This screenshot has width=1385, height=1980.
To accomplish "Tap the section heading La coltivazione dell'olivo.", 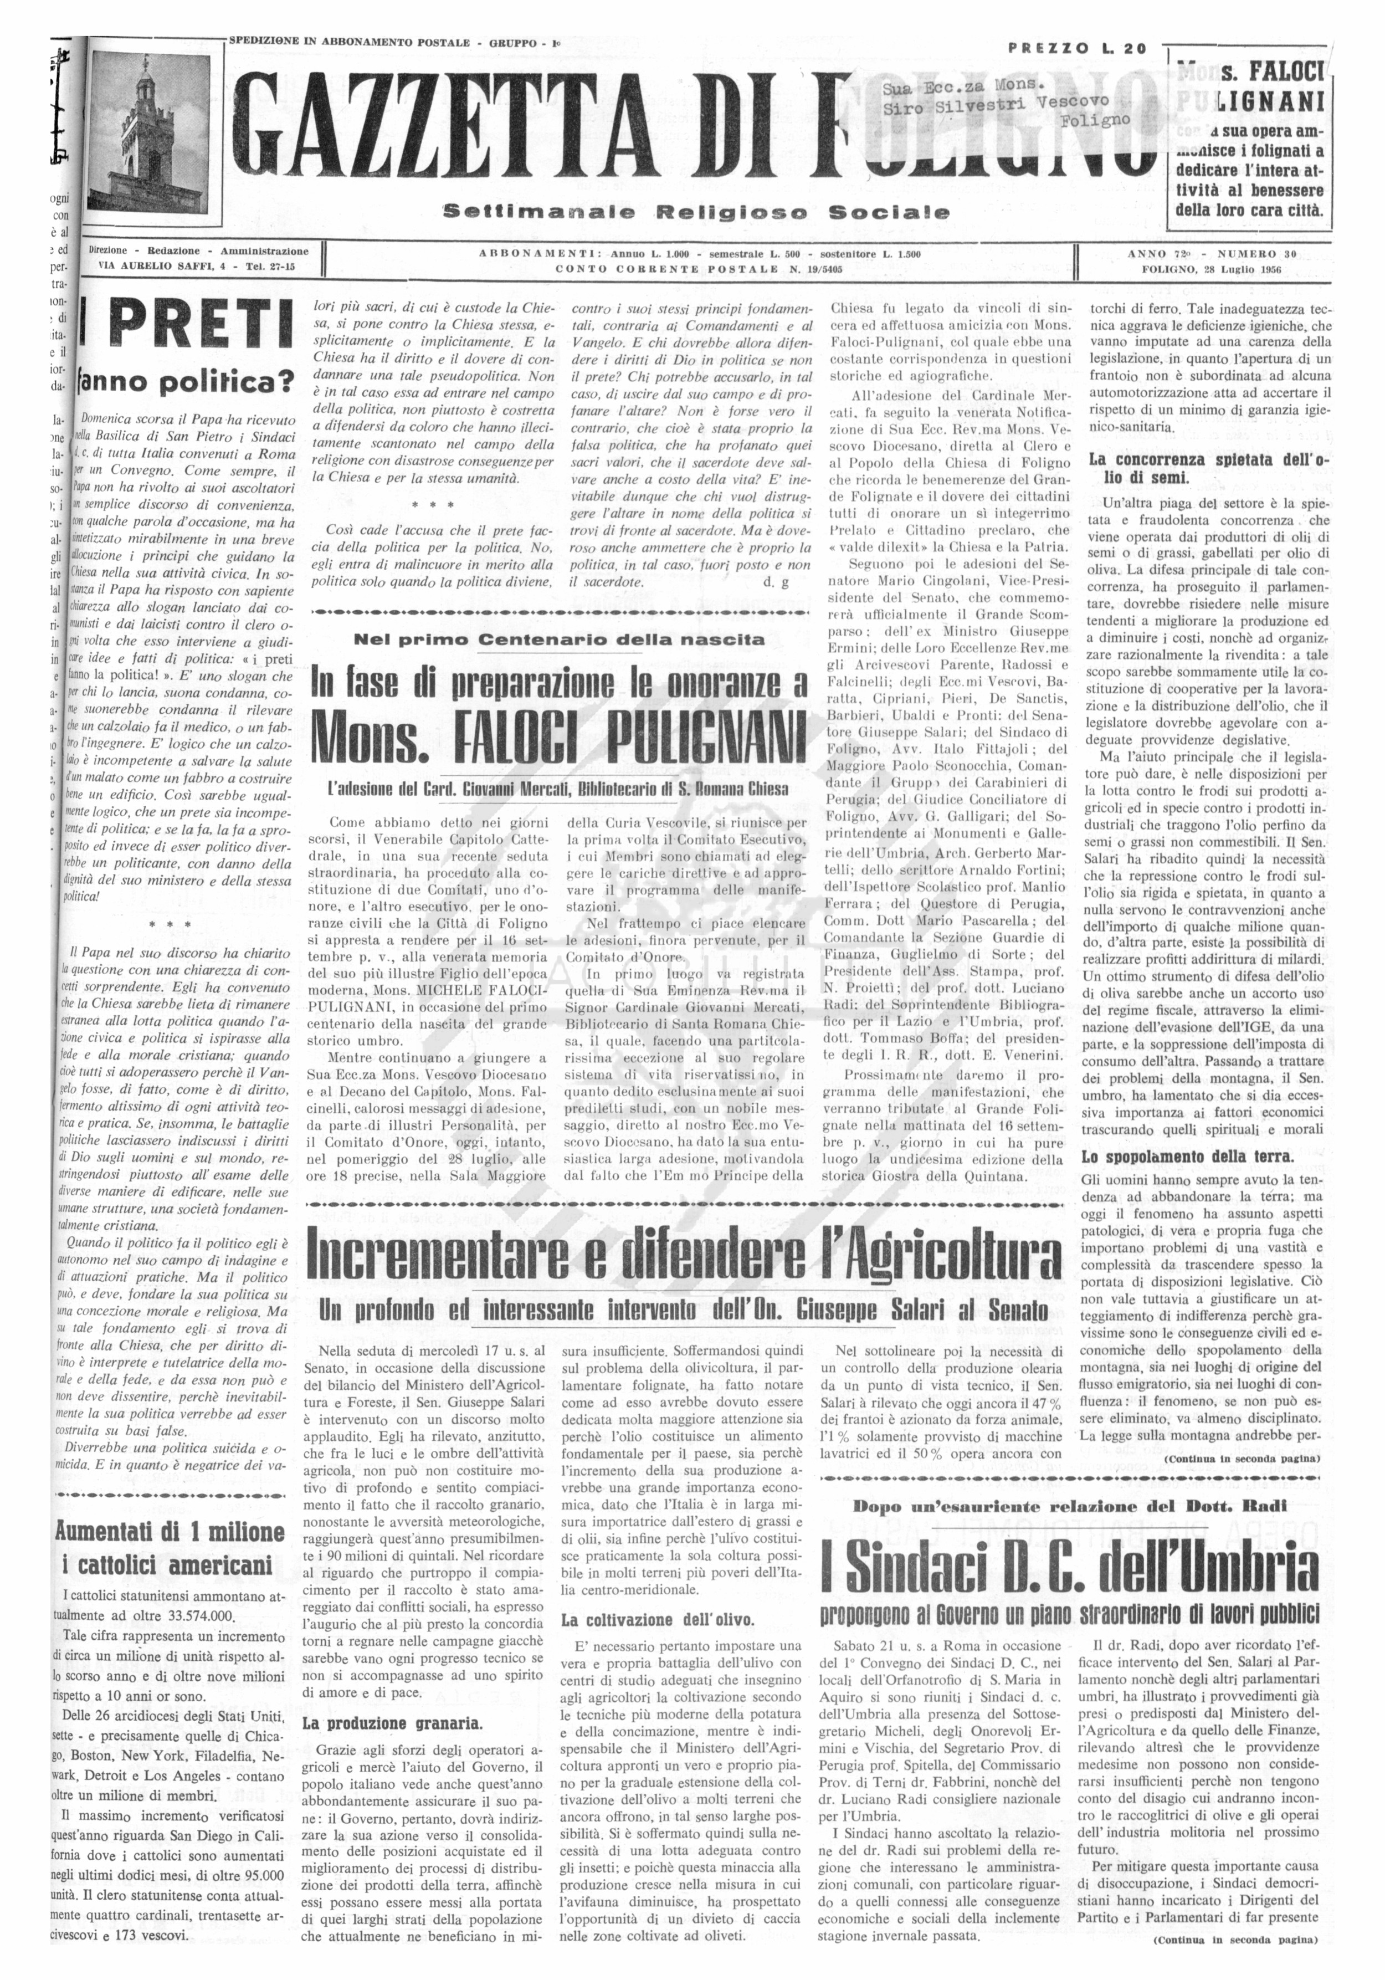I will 657,1620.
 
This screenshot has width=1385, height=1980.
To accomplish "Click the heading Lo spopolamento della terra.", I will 1188,1157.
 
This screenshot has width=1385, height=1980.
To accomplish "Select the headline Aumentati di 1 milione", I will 170,1531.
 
